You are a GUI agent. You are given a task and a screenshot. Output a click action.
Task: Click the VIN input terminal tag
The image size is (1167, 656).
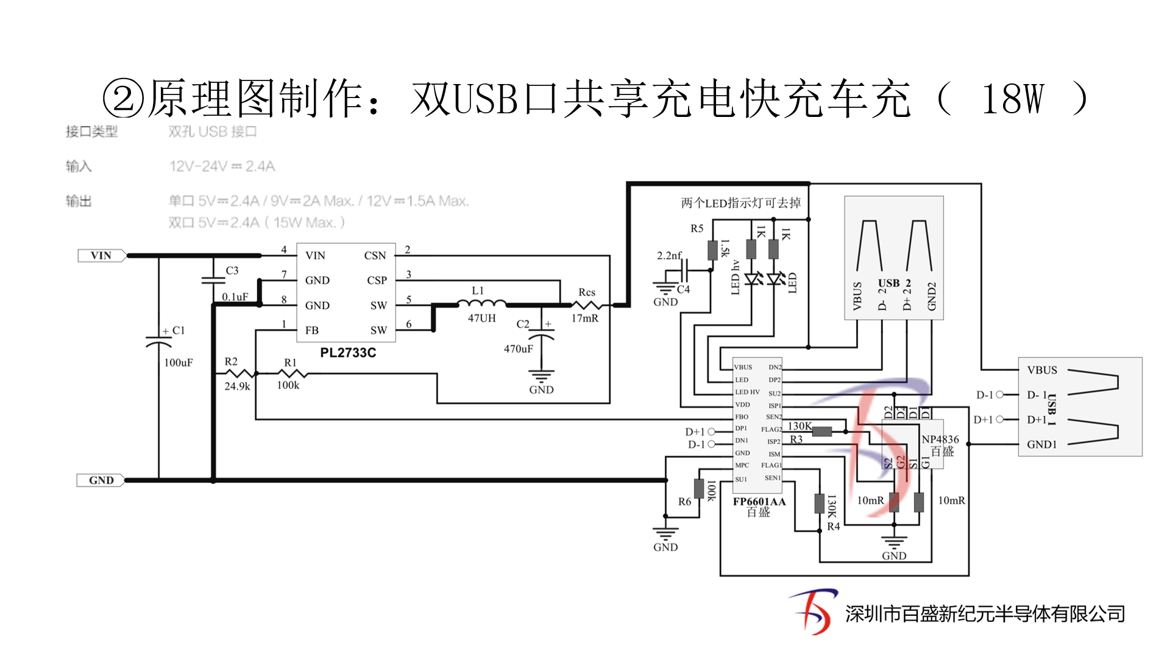pyautogui.click(x=101, y=256)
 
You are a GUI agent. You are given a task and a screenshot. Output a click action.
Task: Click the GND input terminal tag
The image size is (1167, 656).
pyautogui.click(x=101, y=481)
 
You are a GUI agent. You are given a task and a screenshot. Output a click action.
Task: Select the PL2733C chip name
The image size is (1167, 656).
pyautogui.click(x=348, y=353)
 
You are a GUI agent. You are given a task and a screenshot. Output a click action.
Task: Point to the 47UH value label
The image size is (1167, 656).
pyautogui.click(x=481, y=319)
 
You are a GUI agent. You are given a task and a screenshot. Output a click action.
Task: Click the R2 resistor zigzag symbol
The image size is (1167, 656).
pyautogui.click(x=239, y=373)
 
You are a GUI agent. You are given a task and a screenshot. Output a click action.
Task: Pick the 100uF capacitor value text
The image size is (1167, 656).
pyautogui.click(x=178, y=363)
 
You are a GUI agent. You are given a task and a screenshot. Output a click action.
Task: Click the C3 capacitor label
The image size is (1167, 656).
pyautogui.click(x=232, y=270)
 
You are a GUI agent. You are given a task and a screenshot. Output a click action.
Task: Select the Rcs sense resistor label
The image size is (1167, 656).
pyautogui.click(x=586, y=292)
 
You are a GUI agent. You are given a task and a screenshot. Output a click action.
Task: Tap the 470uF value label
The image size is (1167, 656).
pyautogui.click(x=518, y=349)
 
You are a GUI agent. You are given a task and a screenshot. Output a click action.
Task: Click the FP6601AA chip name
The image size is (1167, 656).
pyautogui.click(x=759, y=502)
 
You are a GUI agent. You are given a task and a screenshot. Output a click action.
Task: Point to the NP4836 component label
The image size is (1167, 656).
pyautogui.click(x=940, y=439)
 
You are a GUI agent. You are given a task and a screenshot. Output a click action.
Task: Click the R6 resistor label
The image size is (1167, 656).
pyautogui.click(x=684, y=502)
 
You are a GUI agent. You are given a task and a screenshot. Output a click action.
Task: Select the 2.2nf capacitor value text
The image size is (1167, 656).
pyautogui.click(x=669, y=256)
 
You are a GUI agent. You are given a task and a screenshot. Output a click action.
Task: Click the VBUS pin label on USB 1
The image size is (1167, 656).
pyautogui.click(x=1041, y=370)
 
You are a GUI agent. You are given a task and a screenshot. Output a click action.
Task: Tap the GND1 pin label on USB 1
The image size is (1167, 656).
pyautogui.click(x=1041, y=445)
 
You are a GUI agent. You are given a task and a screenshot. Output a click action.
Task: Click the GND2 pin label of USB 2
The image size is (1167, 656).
pyautogui.click(x=931, y=296)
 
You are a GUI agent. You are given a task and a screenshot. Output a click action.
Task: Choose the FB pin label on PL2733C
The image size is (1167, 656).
pyautogui.click(x=311, y=331)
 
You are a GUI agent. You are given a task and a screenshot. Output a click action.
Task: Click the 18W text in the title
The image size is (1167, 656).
pyautogui.click(x=1012, y=99)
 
